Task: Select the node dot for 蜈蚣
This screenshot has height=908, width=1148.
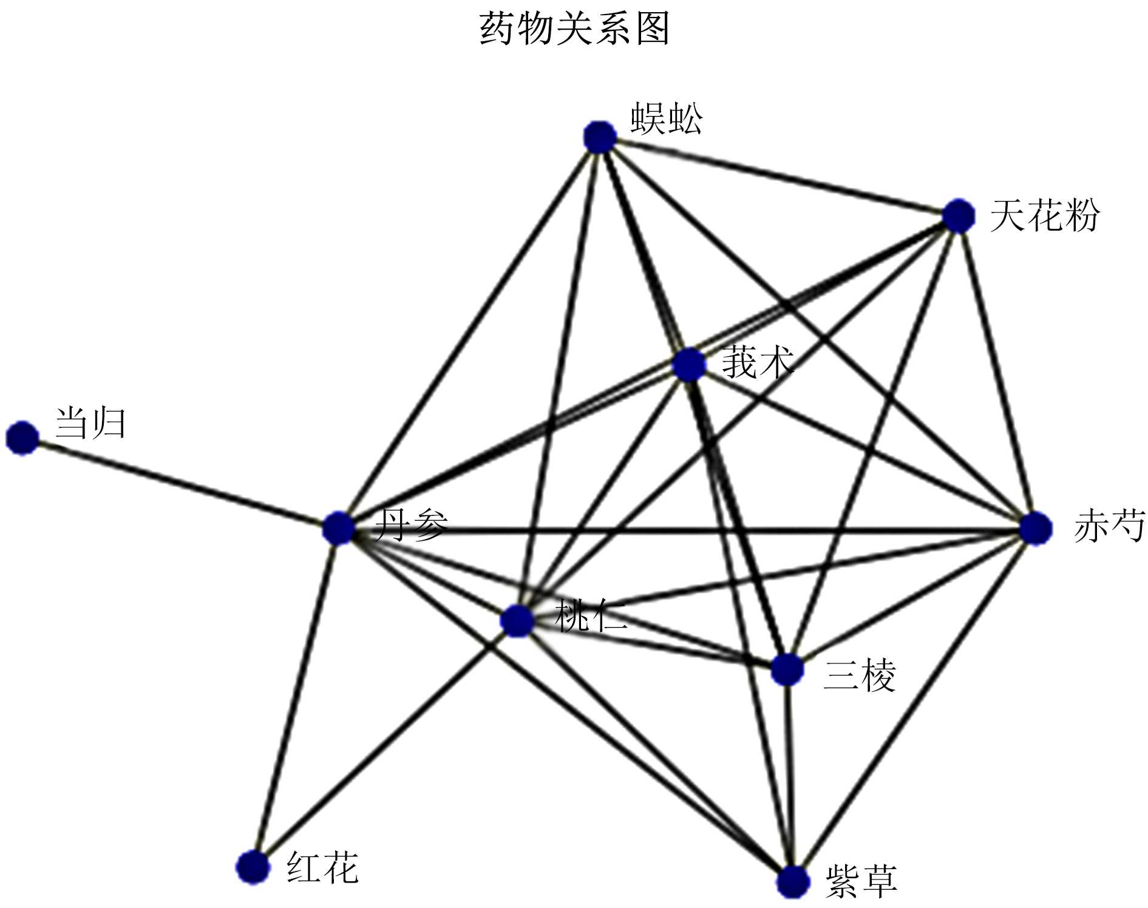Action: [600, 137]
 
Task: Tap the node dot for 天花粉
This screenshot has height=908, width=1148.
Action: [959, 215]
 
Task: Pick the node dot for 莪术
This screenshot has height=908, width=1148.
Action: [690, 365]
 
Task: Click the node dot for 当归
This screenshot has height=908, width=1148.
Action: [22, 438]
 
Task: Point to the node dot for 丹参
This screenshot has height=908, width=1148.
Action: [338, 527]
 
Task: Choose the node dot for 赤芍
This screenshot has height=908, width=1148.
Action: [1035, 528]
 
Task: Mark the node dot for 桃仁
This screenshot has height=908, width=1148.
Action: [517, 620]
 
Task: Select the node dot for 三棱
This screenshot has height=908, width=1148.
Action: [787, 670]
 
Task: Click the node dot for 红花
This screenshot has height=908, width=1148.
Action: [253, 867]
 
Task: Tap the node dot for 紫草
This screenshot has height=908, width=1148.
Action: [793, 882]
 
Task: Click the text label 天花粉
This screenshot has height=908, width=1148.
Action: [1044, 215]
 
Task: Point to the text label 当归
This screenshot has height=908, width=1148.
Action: [90, 423]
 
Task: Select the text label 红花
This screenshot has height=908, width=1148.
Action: [322, 867]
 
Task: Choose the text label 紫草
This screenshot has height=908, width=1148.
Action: [861, 881]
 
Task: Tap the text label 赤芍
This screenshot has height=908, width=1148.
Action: [1109, 526]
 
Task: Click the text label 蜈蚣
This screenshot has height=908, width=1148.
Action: [667, 118]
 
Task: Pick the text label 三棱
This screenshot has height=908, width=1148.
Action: [859, 675]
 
